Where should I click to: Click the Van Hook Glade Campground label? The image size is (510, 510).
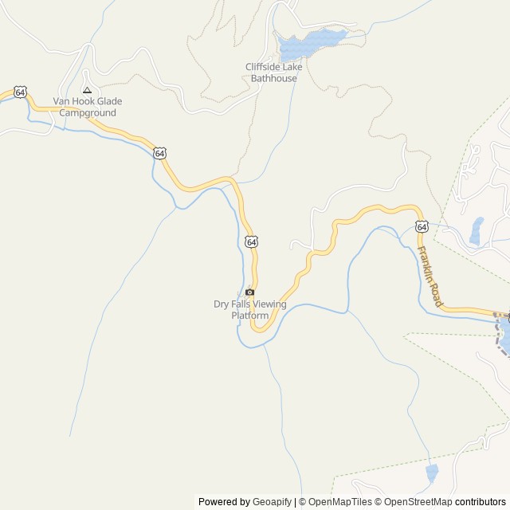coord(84,107)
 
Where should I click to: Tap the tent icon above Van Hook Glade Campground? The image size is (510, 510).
coord(87,90)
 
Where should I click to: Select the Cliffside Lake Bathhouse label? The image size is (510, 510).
coord(273,73)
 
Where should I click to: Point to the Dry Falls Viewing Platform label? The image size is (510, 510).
coord(249,309)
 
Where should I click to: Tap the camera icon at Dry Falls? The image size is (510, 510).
coord(249,292)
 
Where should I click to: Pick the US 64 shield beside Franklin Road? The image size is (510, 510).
coord(422,227)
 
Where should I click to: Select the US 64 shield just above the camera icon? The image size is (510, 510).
coord(251,241)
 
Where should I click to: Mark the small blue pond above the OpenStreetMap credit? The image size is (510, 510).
coord(432,473)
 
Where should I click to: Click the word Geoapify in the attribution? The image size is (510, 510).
coord(272,502)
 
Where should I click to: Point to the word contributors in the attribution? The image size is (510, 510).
coord(481,502)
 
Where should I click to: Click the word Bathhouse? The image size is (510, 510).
coord(273,78)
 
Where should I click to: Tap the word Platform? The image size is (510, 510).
coord(249,316)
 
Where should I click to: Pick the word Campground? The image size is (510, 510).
coord(84,113)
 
